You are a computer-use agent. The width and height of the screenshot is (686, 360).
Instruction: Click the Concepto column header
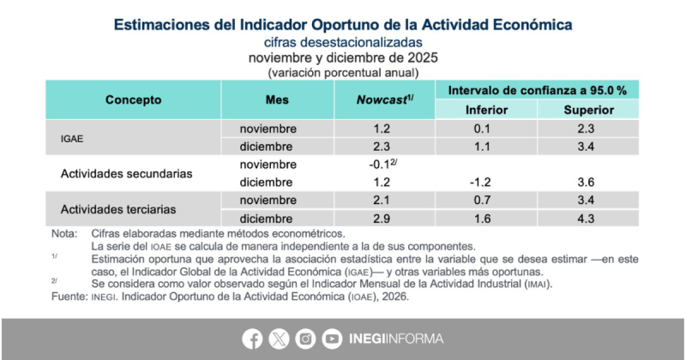[133, 99]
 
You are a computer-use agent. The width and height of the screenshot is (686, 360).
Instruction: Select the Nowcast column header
[384, 99]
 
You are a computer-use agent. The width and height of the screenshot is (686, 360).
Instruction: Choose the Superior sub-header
[588, 110]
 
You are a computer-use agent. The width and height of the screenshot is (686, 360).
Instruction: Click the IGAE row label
[72, 137]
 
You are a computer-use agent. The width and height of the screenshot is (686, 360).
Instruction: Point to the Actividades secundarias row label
[126, 173]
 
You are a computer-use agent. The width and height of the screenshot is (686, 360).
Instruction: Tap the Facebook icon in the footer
[253, 339]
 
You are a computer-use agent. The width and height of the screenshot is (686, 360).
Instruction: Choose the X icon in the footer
[280, 339]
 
